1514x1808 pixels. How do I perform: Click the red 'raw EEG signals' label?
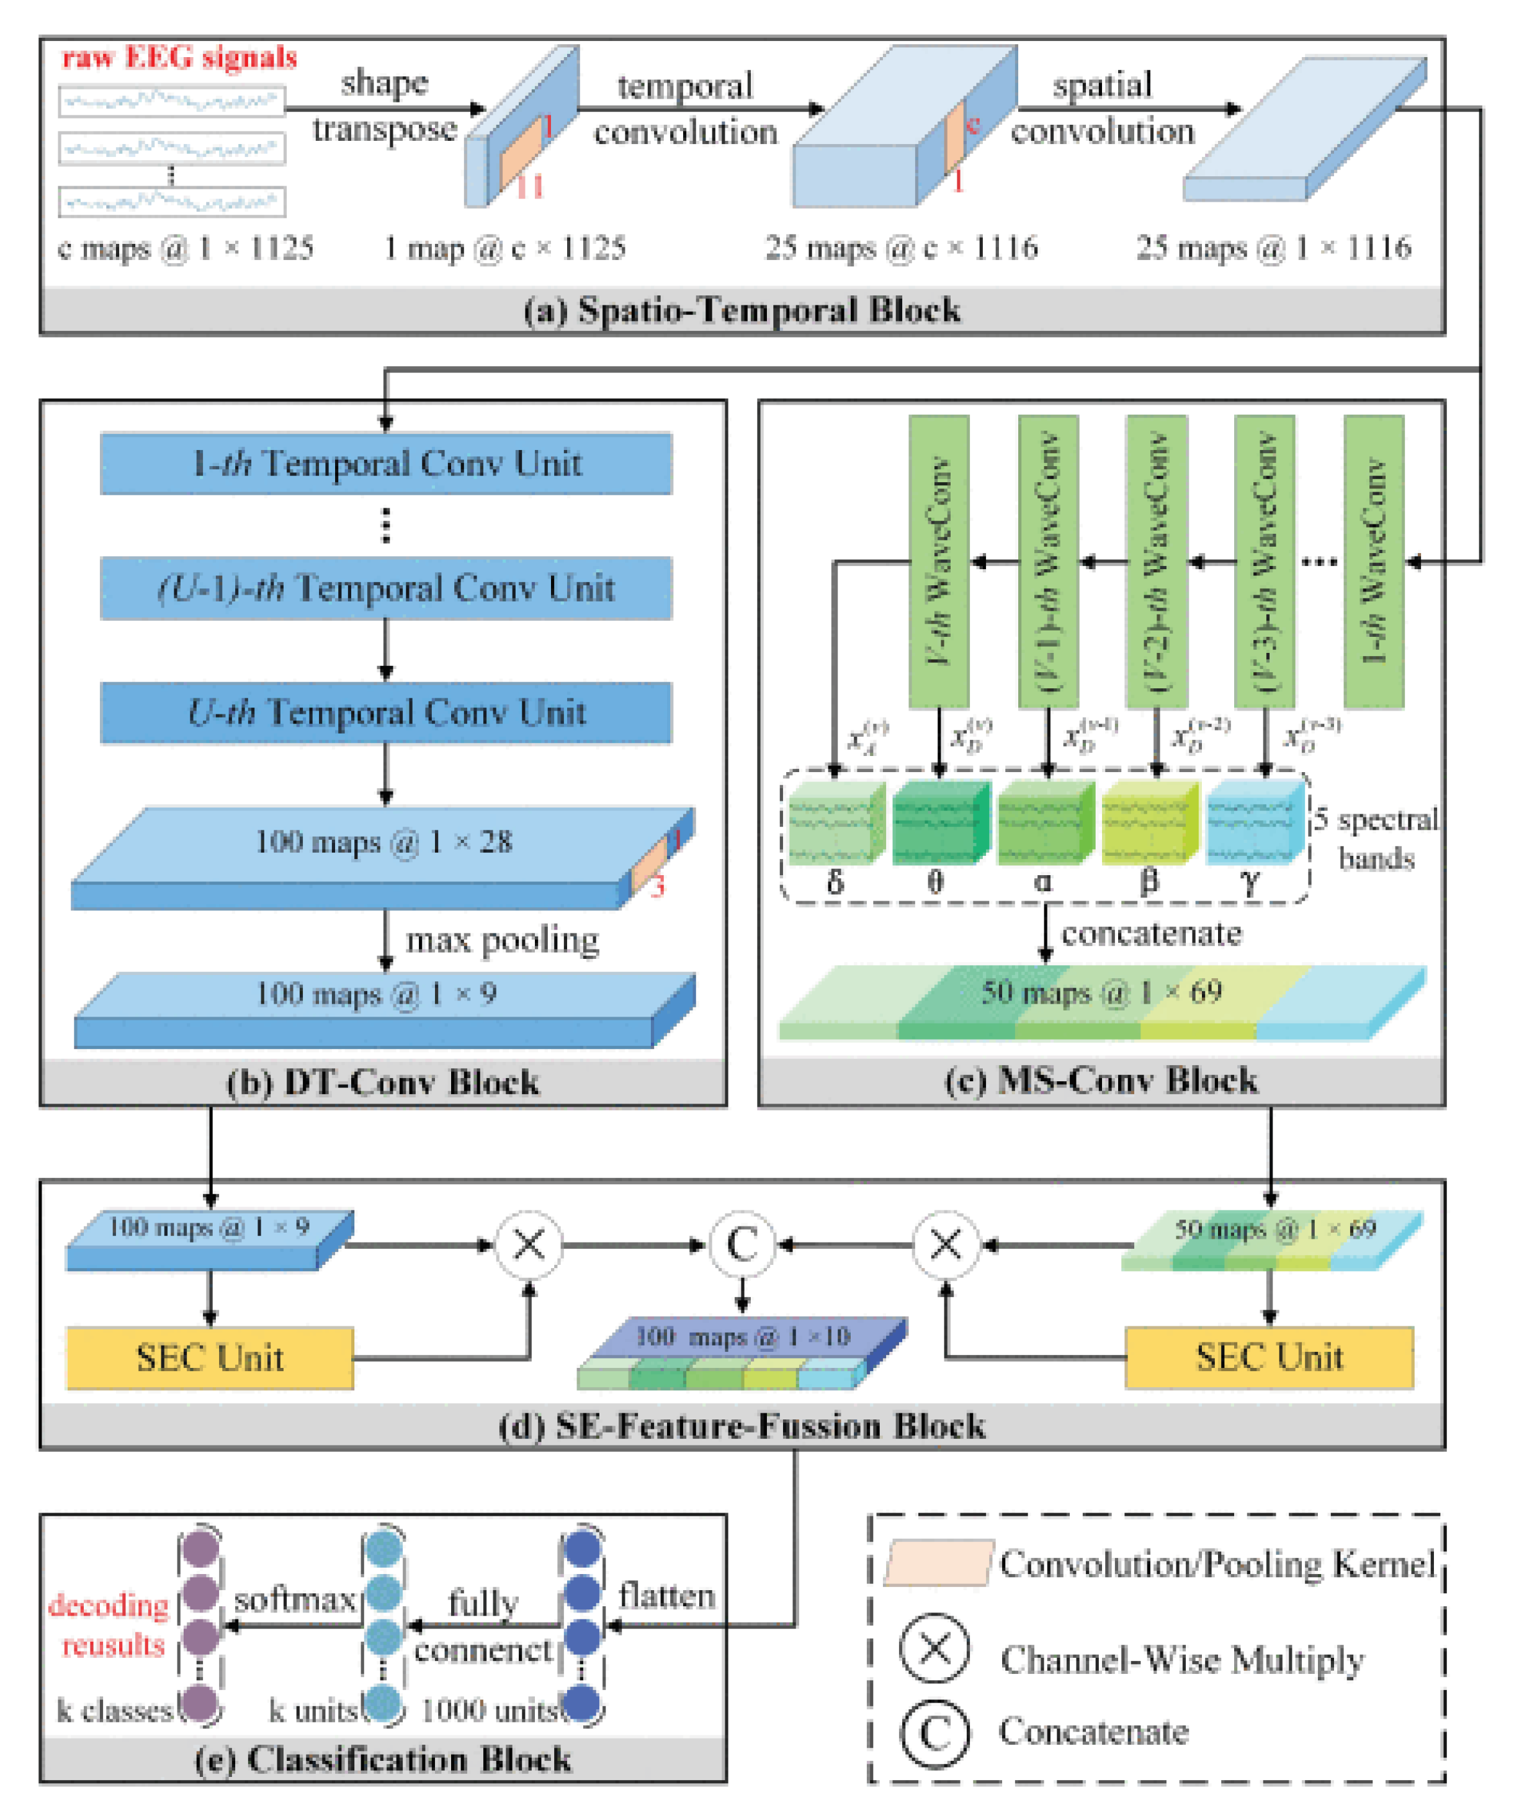point(179,58)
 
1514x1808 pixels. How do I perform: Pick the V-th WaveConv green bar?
point(939,561)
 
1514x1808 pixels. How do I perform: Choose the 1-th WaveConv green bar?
point(1374,561)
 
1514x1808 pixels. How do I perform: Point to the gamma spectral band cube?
point(1254,822)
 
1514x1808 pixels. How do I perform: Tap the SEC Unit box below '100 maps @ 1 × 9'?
point(209,1358)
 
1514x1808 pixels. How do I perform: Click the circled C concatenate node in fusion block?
point(742,1245)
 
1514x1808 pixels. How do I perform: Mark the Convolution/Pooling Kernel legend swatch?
point(938,1563)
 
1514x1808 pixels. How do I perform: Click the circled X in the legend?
point(934,1648)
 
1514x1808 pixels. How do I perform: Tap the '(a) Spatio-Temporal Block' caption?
point(742,310)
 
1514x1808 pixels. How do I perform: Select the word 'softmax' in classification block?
point(294,1599)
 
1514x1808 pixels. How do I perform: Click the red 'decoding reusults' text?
point(110,1626)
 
